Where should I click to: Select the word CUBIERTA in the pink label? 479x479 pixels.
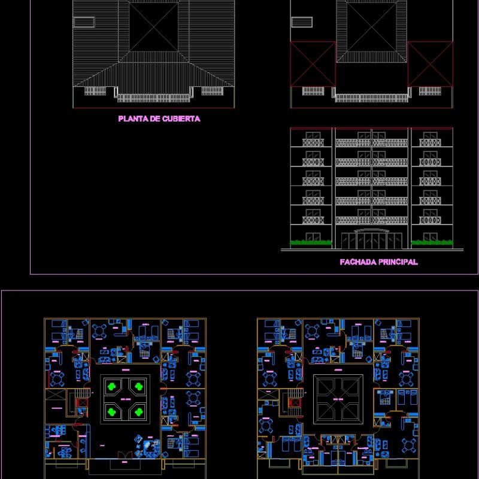click(181, 119)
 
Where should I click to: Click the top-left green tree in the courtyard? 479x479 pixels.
click(111, 386)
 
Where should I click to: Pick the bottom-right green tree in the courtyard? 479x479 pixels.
click(138, 411)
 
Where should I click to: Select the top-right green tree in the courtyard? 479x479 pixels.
click(138, 386)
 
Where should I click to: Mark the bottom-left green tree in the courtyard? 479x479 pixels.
click(111, 411)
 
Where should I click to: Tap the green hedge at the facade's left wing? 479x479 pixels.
click(311, 243)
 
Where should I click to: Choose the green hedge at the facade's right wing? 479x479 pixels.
click(431, 243)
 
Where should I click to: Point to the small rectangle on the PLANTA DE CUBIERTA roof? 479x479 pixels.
click(84, 22)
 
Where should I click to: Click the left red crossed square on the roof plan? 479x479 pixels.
click(312, 63)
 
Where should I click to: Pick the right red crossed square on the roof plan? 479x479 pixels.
click(430, 63)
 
